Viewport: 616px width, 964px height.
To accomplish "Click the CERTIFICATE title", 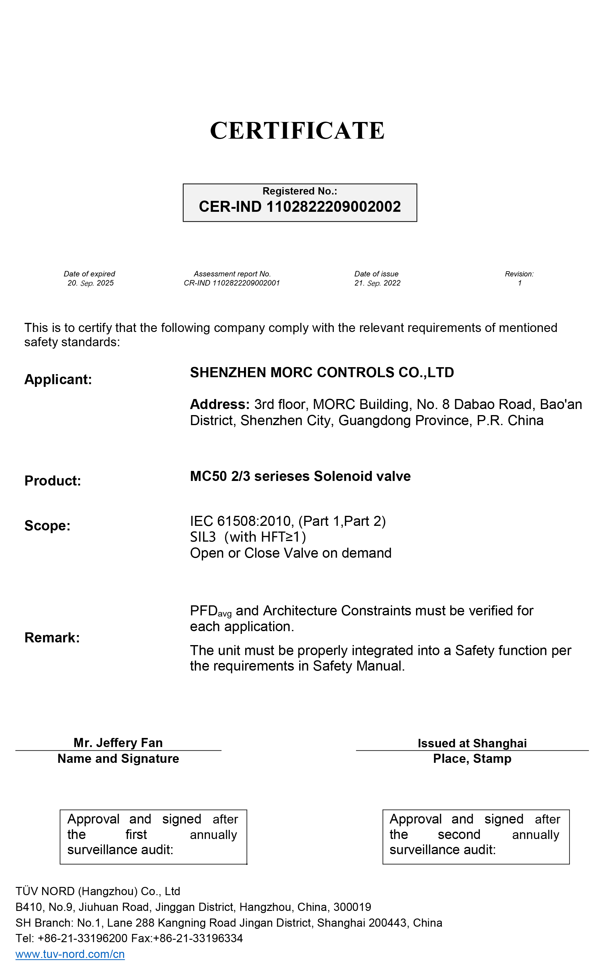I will tap(297, 130).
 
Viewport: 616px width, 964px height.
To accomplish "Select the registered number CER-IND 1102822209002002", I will tap(300, 207).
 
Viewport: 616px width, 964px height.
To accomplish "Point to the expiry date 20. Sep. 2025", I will tap(90, 283).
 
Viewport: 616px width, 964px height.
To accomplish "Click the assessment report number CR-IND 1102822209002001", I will tap(232, 283).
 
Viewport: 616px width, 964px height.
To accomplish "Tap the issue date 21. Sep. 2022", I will tap(377, 283).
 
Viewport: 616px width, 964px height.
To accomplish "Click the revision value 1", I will tap(520, 283).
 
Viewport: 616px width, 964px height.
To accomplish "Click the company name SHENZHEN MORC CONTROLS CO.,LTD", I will tap(322, 372).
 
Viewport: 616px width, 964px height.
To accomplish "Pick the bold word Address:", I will tap(220, 404).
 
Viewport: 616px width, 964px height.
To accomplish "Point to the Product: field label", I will tap(53, 480).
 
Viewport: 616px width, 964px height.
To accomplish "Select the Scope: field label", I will tap(47, 525).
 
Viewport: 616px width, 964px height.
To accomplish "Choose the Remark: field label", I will tap(52, 637).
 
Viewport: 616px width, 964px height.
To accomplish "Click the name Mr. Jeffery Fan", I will tap(118, 742).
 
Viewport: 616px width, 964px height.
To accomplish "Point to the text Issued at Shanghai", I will tap(472, 743).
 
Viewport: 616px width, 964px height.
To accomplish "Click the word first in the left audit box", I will tap(136, 834).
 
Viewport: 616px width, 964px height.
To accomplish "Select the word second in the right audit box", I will tap(459, 834).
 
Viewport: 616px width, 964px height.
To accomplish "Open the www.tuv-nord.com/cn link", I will tap(70, 954).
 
